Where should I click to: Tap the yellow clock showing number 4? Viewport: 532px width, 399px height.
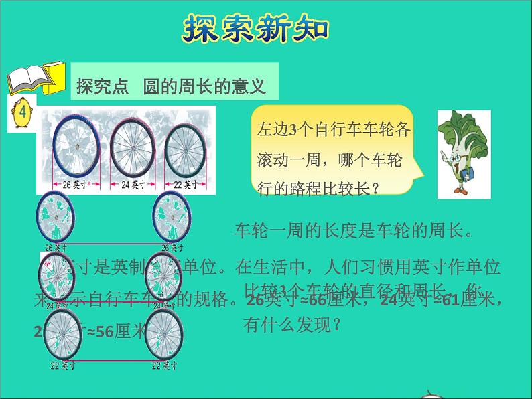tap(22, 112)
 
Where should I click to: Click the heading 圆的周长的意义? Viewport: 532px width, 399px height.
tap(204, 86)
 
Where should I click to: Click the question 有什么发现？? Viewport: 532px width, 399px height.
tap(293, 325)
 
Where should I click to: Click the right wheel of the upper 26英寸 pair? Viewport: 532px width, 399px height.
tap(169, 217)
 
